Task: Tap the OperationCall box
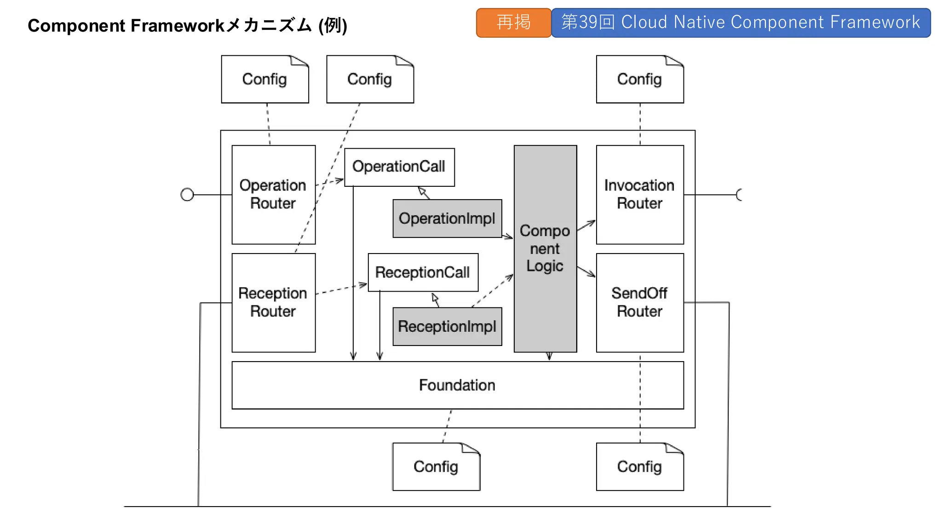[399, 167]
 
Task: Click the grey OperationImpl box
[447, 219]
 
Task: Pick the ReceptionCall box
[423, 272]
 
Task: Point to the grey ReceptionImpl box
[447, 327]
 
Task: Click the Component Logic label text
[545, 248]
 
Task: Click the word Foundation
[457, 385]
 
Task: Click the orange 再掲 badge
[513, 23]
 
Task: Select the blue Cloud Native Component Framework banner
[741, 23]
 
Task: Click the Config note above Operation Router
[264, 80]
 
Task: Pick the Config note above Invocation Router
[639, 80]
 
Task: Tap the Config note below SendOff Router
[639, 467]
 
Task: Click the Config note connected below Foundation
[436, 467]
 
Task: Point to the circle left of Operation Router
[187, 195]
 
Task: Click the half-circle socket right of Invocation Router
[739, 195]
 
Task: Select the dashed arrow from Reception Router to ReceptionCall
[341, 289]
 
